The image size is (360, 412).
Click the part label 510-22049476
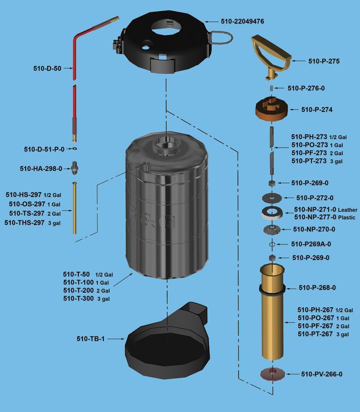[242, 21]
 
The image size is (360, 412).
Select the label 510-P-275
[324, 61]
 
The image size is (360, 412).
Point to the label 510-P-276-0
[306, 88]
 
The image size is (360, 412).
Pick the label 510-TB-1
[90, 339]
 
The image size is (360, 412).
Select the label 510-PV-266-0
[321, 374]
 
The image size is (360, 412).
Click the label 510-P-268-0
[317, 287]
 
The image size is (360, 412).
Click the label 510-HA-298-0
[41, 168]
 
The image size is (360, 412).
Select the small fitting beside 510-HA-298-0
[74, 167]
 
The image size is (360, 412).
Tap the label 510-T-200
[78, 290]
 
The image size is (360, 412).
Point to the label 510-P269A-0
[311, 244]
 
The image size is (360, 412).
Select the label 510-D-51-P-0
[44, 149]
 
